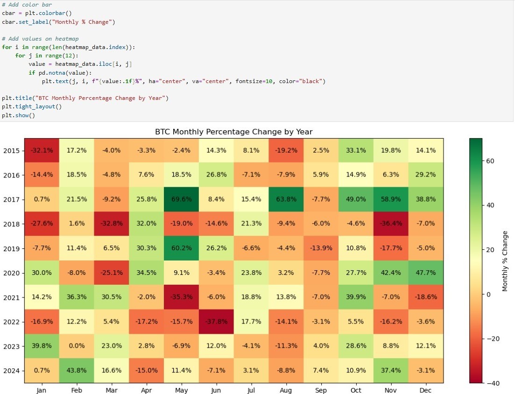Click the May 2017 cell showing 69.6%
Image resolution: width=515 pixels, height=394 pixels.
point(181,199)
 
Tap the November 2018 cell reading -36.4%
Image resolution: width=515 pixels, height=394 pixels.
point(391,224)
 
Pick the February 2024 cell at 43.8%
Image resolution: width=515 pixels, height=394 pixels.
point(77,371)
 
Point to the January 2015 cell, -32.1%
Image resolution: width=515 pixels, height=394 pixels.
point(42,150)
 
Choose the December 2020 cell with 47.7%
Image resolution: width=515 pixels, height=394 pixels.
point(426,273)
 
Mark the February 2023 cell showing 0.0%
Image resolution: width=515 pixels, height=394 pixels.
point(77,346)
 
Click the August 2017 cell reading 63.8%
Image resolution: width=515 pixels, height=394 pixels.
point(286,199)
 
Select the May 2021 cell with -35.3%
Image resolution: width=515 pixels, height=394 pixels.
point(181,297)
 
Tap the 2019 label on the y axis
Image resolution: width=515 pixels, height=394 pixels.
point(11,248)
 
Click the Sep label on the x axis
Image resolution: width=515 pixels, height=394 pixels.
point(321,391)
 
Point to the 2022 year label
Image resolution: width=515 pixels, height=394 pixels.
point(11,322)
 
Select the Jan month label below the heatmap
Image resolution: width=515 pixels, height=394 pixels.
point(42,391)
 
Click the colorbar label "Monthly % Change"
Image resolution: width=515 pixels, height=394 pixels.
point(505,261)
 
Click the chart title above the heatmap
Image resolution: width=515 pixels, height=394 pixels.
point(233,132)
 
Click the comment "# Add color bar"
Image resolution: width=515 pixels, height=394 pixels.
point(27,4)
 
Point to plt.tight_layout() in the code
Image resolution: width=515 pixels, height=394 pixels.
point(32,106)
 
